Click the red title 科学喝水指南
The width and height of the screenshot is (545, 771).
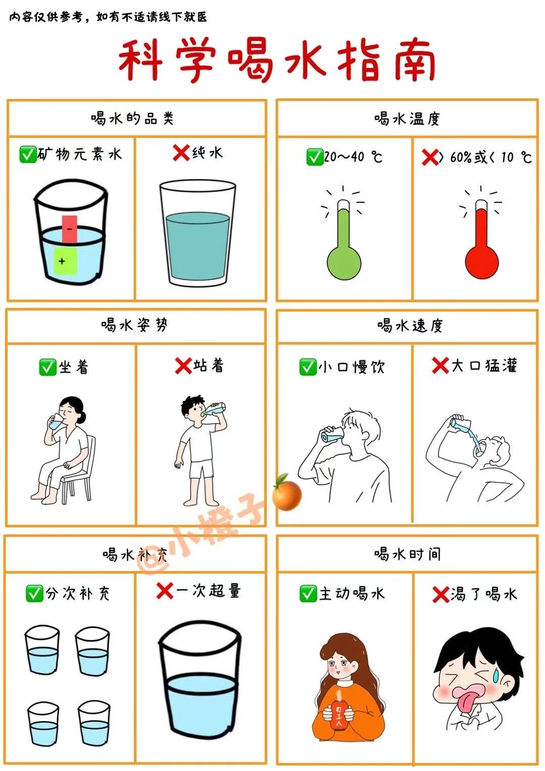tap(277, 61)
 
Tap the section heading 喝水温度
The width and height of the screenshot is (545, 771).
tap(407, 119)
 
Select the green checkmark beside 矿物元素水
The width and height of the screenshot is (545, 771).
tap(28, 154)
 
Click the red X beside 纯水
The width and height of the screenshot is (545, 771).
tap(181, 153)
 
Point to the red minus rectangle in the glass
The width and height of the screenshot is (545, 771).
tap(70, 229)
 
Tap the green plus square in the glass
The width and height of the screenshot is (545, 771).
tap(65, 261)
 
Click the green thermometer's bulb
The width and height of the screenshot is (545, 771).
tap(343, 263)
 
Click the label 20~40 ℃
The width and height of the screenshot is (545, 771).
tap(353, 157)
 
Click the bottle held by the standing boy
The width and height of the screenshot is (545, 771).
tap(214, 408)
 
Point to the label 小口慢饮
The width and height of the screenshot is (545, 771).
tap(351, 367)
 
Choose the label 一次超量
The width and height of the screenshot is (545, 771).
tap(208, 591)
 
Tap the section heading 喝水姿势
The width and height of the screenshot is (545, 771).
tap(134, 325)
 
